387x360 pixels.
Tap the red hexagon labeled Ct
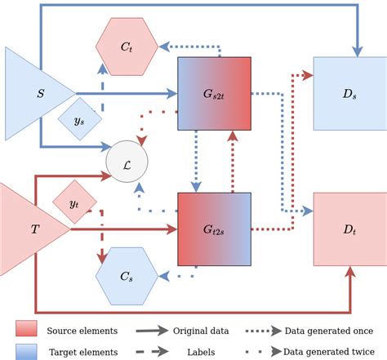click(x=127, y=47)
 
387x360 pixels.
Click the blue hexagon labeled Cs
click(x=127, y=277)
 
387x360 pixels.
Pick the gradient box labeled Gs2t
click(x=214, y=93)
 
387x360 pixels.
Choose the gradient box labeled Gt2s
click(x=214, y=229)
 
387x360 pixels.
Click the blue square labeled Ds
click(x=349, y=93)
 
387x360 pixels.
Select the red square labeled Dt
click(x=349, y=229)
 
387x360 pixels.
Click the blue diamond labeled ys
click(x=80, y=120)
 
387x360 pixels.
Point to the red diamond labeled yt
click(x=73, y=202)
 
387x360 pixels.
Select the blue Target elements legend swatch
click(x=26, y=352)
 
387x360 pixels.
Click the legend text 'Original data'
click(x=201, y=330)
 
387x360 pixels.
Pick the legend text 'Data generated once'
click(x=329, y=330)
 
